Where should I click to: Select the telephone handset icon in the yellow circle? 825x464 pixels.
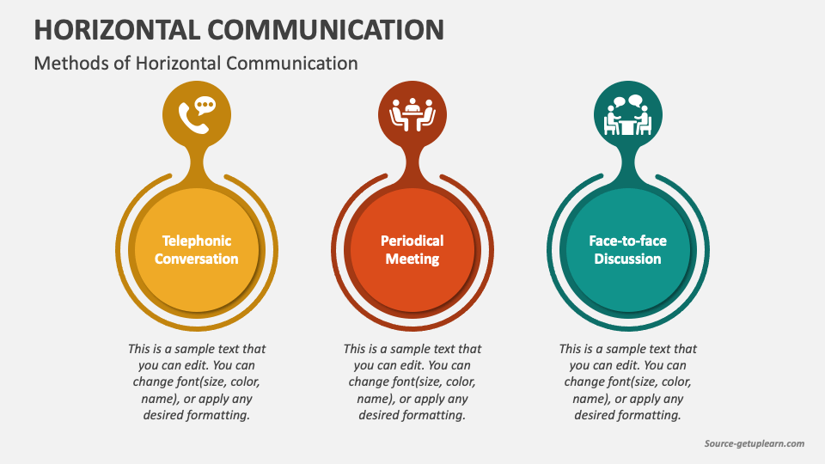point(192,119)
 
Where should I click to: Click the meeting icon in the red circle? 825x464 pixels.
point(412,115)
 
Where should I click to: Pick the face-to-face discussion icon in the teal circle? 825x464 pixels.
point(628,115)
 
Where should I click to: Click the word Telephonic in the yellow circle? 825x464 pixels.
point(197,241)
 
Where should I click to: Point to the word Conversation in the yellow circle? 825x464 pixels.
point(197,259)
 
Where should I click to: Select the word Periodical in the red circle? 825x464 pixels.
point(412,241)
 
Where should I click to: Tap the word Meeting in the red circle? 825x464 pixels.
point(412,259)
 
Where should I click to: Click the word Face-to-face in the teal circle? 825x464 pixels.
point(628,241)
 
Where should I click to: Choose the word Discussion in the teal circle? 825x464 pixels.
point(628,259)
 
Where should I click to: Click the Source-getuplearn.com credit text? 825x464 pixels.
point(755,443)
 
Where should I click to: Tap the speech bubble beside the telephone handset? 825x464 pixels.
point(205,107)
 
